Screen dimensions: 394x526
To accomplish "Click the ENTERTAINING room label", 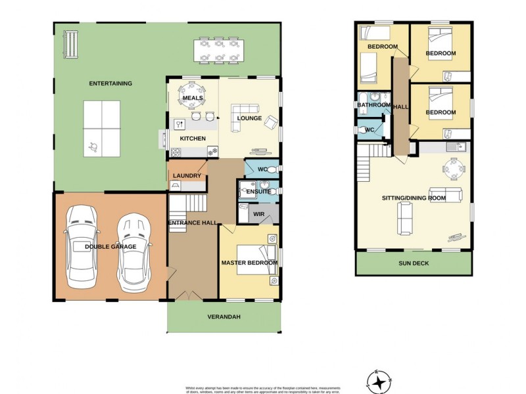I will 111,83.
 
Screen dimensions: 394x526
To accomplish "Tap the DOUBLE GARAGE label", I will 110,247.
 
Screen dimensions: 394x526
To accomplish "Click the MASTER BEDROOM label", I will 249,263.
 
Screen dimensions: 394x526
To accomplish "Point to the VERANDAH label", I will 224,317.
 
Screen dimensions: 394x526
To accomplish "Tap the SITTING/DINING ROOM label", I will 414,198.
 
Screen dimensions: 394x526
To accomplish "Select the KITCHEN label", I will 193,139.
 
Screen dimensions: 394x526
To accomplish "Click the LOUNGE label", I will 249,118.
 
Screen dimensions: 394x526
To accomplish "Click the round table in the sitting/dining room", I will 452,169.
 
